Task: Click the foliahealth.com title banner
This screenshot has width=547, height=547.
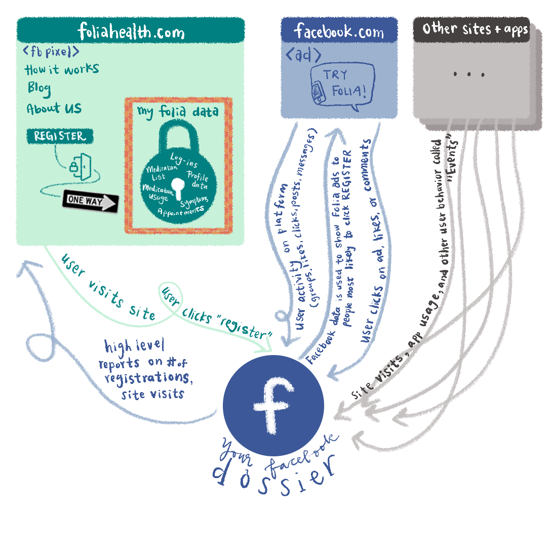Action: point(131,31)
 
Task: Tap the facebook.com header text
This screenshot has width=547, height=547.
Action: point(339,31)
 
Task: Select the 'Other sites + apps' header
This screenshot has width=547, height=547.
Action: point(475,29)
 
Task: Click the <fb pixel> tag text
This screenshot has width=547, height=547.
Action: point(51,52)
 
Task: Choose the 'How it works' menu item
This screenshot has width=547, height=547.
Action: point(62,69)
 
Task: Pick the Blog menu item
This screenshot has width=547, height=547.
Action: point(39,88)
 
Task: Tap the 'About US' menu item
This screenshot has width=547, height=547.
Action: point(54,108)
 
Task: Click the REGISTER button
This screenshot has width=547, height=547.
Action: point(60,136)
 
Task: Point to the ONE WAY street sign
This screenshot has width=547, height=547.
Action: point(90,201)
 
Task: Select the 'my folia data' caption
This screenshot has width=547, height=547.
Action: point(178,111)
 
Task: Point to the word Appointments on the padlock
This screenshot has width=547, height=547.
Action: point(180,211)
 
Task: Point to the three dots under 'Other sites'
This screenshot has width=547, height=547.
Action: point(470,74)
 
